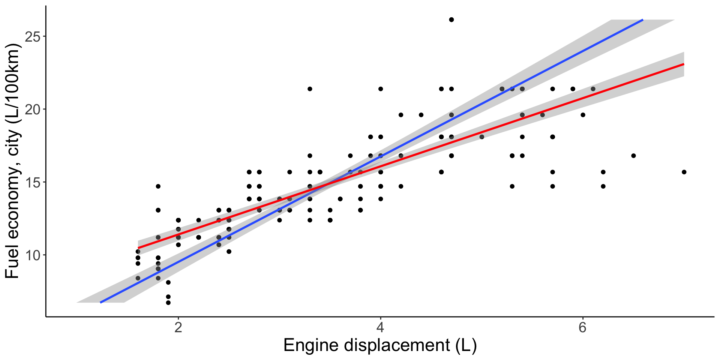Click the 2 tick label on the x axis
[x=178, y=328]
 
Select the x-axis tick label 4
[x=380, y=328]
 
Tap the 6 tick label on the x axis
[x=582, y=328]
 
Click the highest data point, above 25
[x=451, y=19]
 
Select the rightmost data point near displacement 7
[x=684, y=172]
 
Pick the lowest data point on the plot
[x=168, y=303]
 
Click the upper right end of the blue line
[x=643, y=20]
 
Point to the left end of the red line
[x=138, y=248]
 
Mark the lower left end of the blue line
[x=100, y=302]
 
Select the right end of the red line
[x=684, y=64]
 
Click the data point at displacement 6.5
[x=633, y=156]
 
